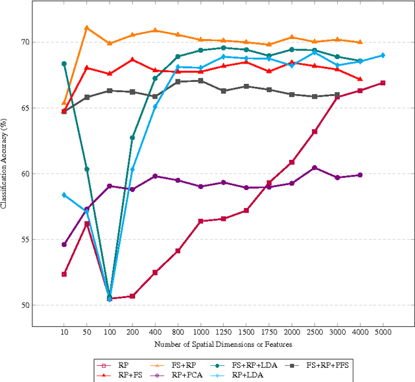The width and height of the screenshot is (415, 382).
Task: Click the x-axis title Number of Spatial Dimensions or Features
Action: click(x=223, y=344)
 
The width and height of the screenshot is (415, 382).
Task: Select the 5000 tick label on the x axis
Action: click(x=383, y=331)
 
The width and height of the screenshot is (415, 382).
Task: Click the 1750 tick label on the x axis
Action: click(x=269, y=331)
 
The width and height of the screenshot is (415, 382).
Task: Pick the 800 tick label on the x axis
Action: click(x=178, y=331)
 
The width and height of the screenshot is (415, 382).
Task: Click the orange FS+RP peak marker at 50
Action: click(x=87, y=28)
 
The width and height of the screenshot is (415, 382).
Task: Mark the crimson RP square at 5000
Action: click(x=383, y=83)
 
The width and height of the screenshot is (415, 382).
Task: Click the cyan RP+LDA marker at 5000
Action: click(x=383, y=55)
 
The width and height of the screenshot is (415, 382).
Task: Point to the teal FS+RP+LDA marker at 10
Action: click(x=64, y=64)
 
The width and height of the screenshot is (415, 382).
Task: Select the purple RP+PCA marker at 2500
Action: click(x=314, y=168)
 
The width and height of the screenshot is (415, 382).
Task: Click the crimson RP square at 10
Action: click(x=64, y=274)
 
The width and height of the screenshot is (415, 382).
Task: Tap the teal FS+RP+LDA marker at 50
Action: click(x=87, y=169)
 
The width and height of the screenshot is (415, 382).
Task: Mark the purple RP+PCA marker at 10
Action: click(x=64, y=244)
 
